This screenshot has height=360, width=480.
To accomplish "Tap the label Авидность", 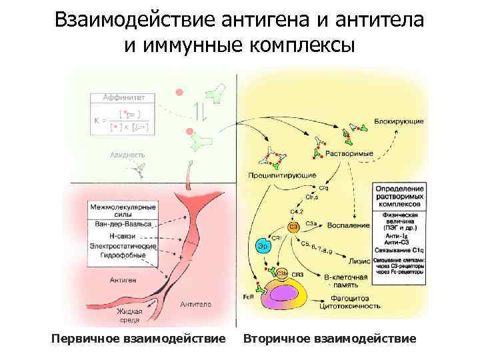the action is pyautogui.click(x=127, y=155).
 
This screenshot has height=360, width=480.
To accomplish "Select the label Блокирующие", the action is pyautogui.click(x=399, y=122).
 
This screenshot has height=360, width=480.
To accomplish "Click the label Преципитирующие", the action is pyautogui.click(x=282, y=175).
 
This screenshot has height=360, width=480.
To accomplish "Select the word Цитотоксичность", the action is pyautogui.click(x=351, y=307).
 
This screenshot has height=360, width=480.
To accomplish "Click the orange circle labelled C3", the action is pyautogui.click(x=293, y=227).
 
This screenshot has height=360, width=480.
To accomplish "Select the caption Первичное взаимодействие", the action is pyautogui.click(x=138, y=339).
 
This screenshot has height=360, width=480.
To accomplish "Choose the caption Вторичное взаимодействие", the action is pyautogui.click(x=329, y=339).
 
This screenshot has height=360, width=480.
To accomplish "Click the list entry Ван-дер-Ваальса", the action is pyautogui.click(x=123, y=224).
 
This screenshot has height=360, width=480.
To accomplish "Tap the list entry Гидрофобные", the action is pyautogui.click(x=123, y=256).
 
